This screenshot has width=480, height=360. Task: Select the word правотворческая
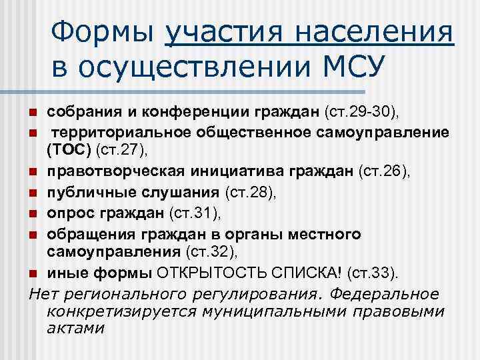[99, 173]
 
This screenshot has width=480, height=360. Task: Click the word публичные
[81, 193]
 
